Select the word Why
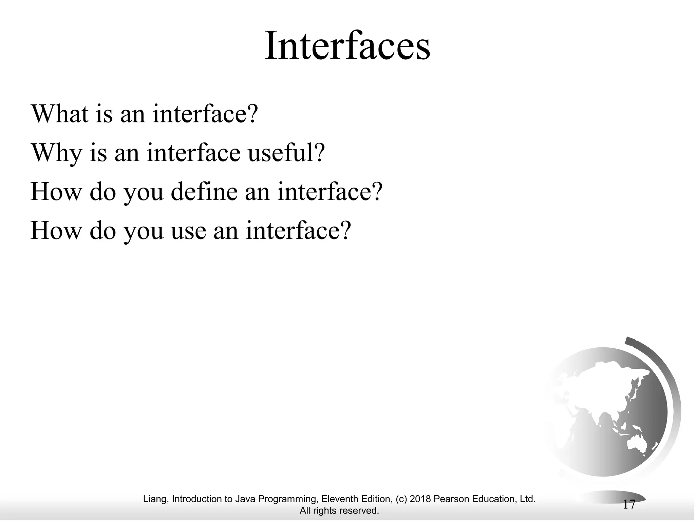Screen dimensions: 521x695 (56, 153)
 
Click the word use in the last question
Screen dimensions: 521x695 (188, 231)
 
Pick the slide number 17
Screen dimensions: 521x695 (629, 505)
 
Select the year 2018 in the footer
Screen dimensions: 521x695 (420, 499)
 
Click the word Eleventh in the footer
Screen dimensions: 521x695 (338, 499)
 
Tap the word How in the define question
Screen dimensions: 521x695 (56, 192)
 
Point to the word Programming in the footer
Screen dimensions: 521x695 (288, 499)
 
